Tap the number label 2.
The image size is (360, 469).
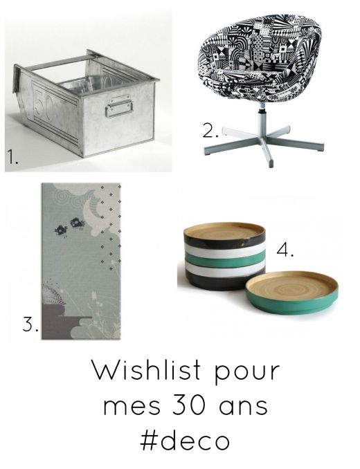click(x=210, y=131)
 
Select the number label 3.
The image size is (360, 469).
click(x=30, y=324)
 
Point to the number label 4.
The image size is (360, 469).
click(x=285, y=250)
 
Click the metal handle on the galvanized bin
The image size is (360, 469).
click(x=119, y=106)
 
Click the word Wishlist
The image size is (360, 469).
click(x=147, y=370)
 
